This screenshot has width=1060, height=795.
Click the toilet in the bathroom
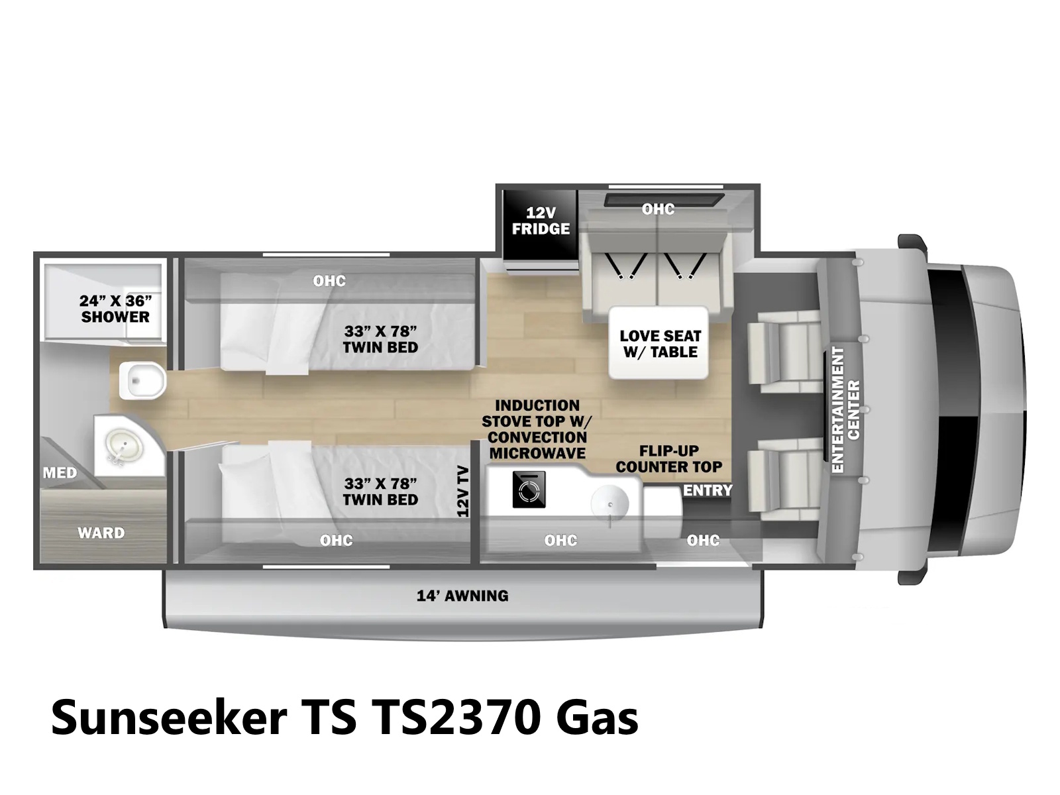(x=142, y=380)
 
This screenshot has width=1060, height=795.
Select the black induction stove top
(x=529, y=490)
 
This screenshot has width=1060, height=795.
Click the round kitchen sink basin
(x=610, y=504)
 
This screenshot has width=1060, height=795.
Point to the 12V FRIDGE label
(x=541, y=221)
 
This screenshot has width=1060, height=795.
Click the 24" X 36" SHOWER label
(x=115, y=309)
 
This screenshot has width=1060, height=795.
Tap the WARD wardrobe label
(x=101, y=533)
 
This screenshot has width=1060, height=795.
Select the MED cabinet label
(x=60, y=472)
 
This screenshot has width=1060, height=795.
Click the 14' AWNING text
(x=462, y=596)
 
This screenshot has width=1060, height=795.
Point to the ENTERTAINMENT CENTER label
(x=846, y=409)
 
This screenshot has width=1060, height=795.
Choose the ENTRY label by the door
(x=708, y=490)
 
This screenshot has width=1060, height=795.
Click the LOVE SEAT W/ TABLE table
(x=659, y=343)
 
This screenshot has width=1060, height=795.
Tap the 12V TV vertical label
(x=462, y=492)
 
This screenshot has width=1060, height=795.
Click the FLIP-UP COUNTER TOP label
(x=669, y=458)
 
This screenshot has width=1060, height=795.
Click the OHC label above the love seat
(x=658, y=209)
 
